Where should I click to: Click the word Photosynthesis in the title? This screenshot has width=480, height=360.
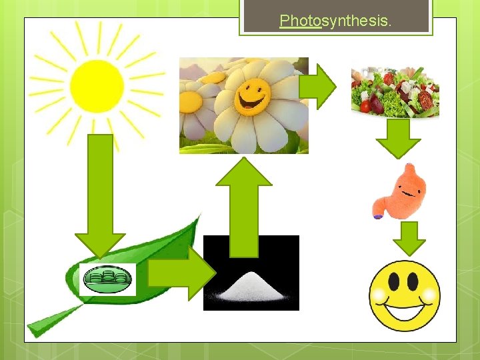(x=335, y=21)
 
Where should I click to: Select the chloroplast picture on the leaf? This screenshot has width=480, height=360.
(x=107, y=279)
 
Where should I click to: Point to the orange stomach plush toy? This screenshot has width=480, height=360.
(x=402, y=191)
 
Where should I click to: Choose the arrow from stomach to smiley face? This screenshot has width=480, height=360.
(x=413, y=237)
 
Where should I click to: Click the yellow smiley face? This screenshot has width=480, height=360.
(x=405, y=295)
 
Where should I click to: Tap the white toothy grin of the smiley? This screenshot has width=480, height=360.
(x=405, y=312)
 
